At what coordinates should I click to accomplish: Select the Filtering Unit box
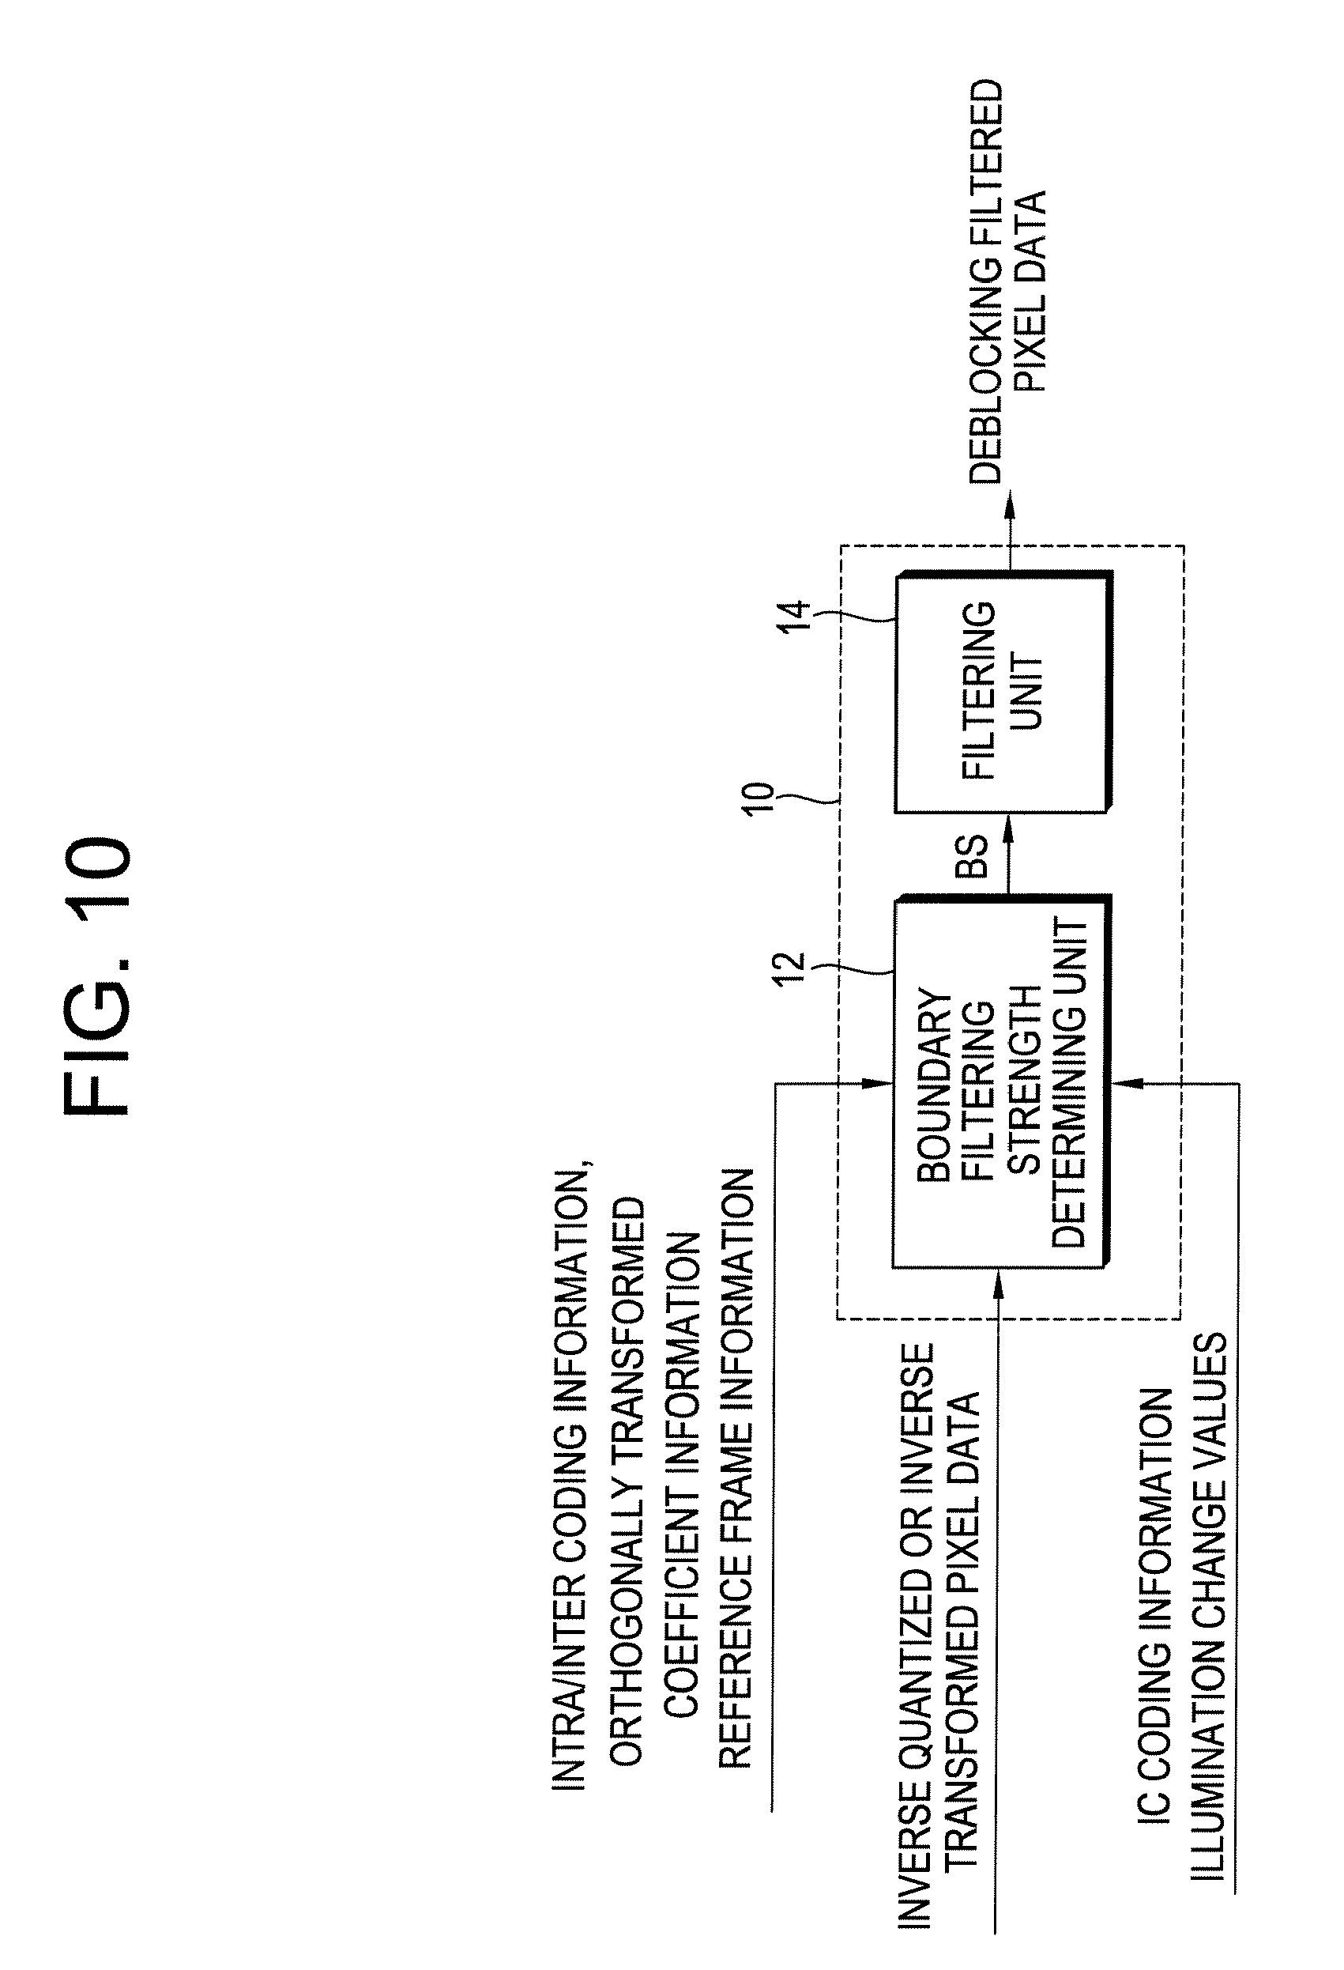click(x=1003, y=692)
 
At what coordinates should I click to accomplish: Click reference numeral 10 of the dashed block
click(x=759, y=798)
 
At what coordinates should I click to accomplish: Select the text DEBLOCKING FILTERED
click(x=986, y=281)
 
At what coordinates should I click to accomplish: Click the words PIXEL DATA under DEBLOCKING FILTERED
click(x=1031, y=291)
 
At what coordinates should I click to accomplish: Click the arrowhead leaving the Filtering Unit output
click(x=1008, y=507)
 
